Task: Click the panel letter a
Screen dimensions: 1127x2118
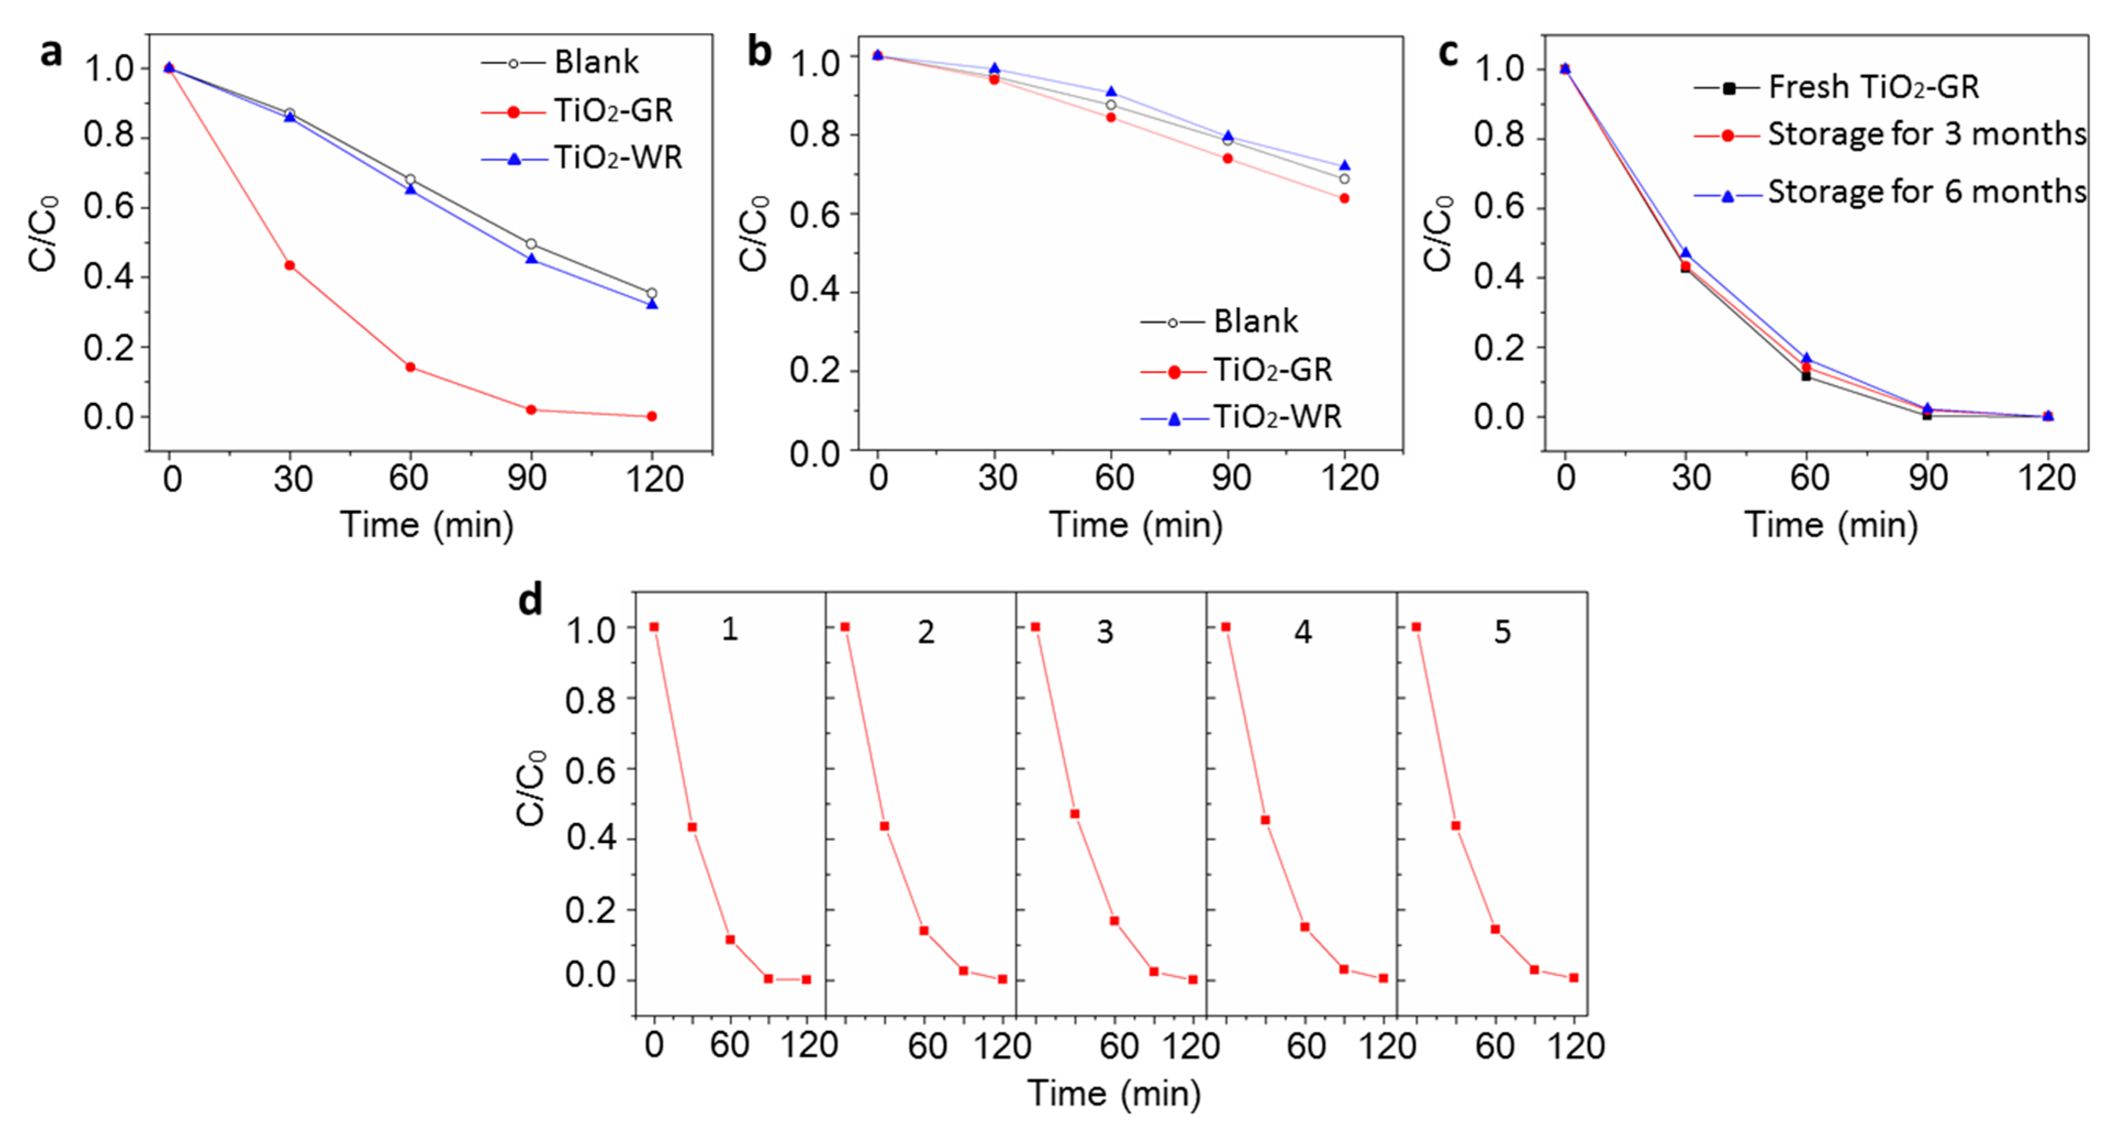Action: [x=51, y=53]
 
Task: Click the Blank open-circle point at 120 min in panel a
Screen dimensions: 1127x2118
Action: [x=652, y=293]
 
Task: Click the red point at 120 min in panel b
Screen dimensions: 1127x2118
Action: [x=1344, y=198]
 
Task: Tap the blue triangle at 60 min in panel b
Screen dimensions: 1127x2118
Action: [x=1111, y=92]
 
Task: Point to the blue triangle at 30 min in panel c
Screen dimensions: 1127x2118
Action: [x=1685, y=253]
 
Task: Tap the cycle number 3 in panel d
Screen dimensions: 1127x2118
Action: [x=1104, y=632]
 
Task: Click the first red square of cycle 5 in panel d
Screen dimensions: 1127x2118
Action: [x=1416, y=628]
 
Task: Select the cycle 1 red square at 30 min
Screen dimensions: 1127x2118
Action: [x=692, y=827]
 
